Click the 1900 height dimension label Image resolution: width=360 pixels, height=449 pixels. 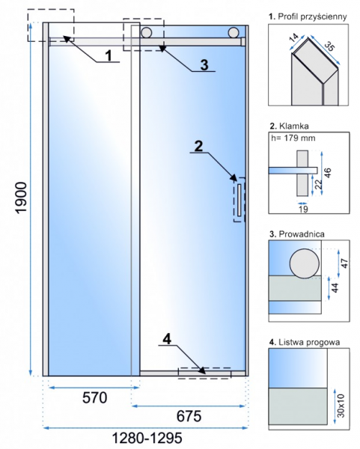click(x=21, y=198)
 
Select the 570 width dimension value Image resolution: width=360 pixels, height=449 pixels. click(x=95, y=397)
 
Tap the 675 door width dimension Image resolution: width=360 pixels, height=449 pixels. click(x=189, y=416)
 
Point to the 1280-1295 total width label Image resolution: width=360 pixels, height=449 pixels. click(x=147, y=438)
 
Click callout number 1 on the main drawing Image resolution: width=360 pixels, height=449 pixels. click(x=109, y=55)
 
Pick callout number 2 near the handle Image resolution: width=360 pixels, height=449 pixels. click(x=198, y=146)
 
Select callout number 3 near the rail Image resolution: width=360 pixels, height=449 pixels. click(x=204, y=64)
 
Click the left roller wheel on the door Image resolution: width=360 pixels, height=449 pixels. click(x=146, y=32)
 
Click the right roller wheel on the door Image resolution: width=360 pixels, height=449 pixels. click(x=234, y=32)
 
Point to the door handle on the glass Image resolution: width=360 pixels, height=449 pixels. click(x=240, y=200)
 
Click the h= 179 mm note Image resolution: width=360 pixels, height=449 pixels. click(x=293, y=138)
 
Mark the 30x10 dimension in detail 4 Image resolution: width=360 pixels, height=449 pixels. click(x=341, y=406)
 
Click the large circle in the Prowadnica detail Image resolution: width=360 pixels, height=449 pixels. click(x=304, y=263)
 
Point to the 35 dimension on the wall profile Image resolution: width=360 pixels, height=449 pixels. click(x=329, y=46)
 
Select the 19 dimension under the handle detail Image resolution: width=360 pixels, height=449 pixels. click(x=303, y=209)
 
